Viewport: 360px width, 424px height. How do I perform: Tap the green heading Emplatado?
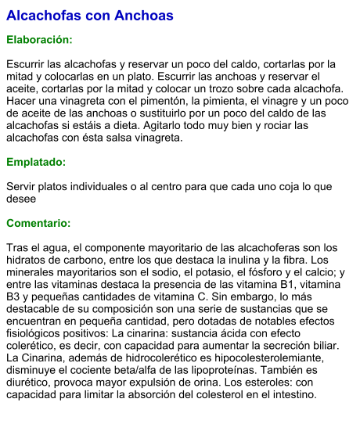(36, 162)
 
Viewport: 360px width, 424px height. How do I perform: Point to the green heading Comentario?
(38, 223)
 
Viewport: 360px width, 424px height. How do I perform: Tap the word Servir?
(21, 186)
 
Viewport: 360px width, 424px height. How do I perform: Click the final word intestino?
(293, 394)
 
